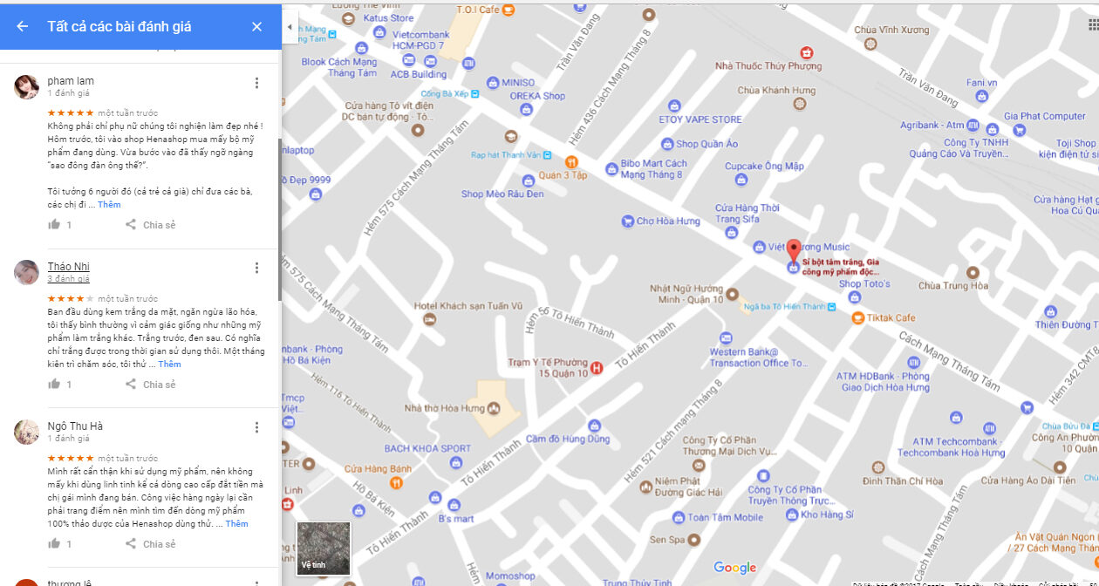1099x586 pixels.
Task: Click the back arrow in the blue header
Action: coord(22,27)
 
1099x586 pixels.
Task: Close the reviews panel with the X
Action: coord(256,27)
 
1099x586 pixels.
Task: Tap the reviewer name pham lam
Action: coord(71,81)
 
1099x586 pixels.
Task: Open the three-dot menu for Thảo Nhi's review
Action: coord(256,268)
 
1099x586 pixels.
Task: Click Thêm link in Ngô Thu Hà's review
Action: coord(236,524)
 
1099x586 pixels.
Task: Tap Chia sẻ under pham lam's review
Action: coord(151,225)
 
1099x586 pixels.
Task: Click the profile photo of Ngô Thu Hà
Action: coord(27,432)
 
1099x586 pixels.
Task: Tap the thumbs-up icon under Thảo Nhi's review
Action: coord(54,385)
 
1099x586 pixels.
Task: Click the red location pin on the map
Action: coord(793,251)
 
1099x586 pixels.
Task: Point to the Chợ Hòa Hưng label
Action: coord(667,221)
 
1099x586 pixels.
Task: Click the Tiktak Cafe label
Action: coord(891,317)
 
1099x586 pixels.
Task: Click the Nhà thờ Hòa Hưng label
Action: coord(445,407)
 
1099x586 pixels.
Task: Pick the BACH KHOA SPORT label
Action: coord(427,449)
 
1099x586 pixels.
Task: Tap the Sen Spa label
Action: coord(666,541)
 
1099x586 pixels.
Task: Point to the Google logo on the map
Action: coord(734,568)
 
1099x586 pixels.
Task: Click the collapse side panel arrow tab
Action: coord(290,27)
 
